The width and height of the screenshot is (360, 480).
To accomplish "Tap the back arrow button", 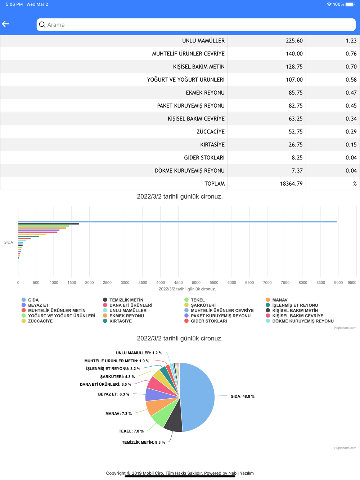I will coord(6,24).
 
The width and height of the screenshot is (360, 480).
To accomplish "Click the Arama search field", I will coord(196,25).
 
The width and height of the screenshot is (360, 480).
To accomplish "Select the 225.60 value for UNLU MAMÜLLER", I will coord(294,41).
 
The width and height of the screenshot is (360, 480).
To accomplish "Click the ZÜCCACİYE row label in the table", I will coord(210,132).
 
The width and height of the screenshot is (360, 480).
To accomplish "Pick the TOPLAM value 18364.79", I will coord(291,184).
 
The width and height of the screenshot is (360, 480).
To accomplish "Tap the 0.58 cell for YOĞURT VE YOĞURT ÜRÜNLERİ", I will coord(351,80).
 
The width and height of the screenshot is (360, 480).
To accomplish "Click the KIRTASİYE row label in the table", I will coord(212,145).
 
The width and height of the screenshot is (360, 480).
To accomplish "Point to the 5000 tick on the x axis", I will coord(196,283).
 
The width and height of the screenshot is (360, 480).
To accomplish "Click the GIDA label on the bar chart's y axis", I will coord(8,242).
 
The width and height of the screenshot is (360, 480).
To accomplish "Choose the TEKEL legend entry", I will coord(197,300).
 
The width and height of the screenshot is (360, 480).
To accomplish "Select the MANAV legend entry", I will coord(279,300).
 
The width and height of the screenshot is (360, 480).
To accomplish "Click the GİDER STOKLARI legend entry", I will coord(208,321).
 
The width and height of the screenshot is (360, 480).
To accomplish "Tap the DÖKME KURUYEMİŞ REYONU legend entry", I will coord(302,321).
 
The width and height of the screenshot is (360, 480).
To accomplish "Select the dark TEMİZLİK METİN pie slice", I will coord(173,421).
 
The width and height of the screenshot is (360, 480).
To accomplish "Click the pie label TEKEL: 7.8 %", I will coord(131,431).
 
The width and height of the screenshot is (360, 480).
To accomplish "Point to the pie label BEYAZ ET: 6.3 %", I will coord(113,394).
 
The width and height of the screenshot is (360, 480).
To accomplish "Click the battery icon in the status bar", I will coord(350,4).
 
